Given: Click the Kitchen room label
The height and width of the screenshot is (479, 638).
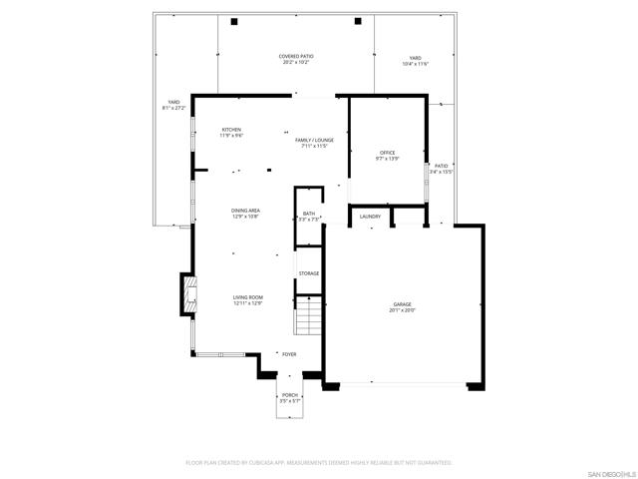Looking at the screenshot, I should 231,130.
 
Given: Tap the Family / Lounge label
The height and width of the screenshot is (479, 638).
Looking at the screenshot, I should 314,140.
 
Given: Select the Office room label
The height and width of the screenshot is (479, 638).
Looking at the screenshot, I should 387,152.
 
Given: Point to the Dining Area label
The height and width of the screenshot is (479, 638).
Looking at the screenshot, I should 245,211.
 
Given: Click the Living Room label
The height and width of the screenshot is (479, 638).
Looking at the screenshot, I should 247,297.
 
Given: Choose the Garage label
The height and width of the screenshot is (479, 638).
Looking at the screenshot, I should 402,304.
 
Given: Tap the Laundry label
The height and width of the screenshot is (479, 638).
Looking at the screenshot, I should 370,216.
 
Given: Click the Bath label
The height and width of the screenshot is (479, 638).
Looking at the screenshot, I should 309,214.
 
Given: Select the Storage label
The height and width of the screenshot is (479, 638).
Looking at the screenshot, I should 309,272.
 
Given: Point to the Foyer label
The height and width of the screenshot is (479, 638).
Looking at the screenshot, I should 289,354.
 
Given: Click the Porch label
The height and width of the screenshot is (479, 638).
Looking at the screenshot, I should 290,395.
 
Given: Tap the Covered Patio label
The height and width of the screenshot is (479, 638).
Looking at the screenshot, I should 295,57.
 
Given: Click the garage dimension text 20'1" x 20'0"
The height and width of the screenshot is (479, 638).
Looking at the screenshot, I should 402,310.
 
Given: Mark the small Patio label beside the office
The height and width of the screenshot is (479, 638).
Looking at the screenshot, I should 441,166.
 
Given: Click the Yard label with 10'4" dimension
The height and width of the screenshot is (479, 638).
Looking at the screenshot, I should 415,58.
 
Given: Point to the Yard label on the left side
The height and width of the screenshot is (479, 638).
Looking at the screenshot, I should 173,102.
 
